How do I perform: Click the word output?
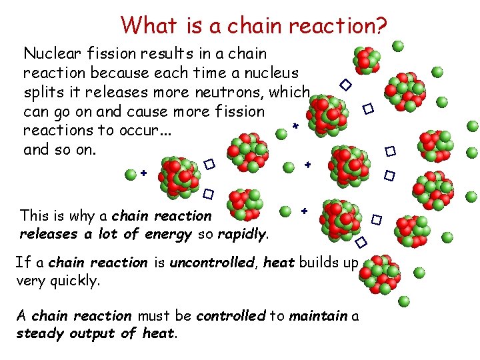91,333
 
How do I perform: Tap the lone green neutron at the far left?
131,174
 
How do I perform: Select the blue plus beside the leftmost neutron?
144,173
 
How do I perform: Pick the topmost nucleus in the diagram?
366,60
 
